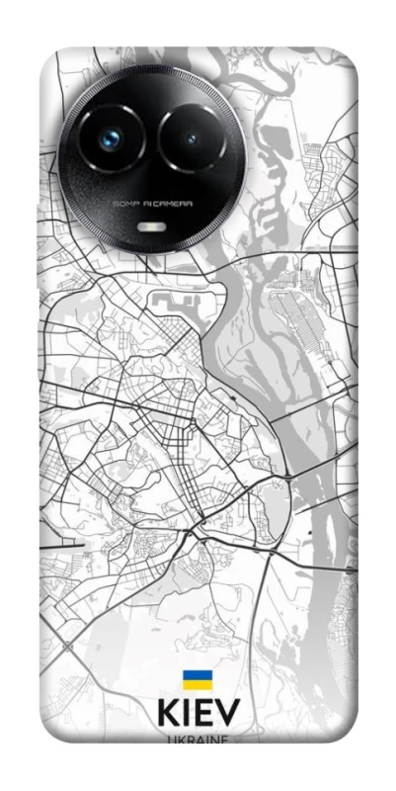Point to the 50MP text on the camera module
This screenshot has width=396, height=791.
pyautogui.click(x=125, y=204)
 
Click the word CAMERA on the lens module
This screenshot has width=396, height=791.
pyautogui.click(x=175, y=204)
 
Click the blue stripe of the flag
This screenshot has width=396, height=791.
pyautogui.click(x=197, y=675)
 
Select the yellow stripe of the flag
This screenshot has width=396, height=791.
pyautogui.click(x=197, y=684)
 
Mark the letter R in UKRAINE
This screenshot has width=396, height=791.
pyautogui.click(x=188, y=739)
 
